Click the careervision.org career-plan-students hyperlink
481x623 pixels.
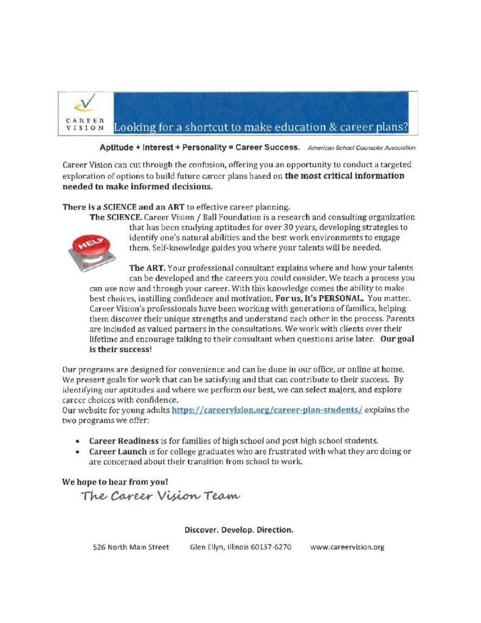268,410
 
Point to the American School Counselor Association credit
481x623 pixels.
361,148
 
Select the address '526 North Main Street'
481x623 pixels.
131,547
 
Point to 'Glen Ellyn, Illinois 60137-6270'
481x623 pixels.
241,547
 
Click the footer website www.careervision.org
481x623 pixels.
347,547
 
